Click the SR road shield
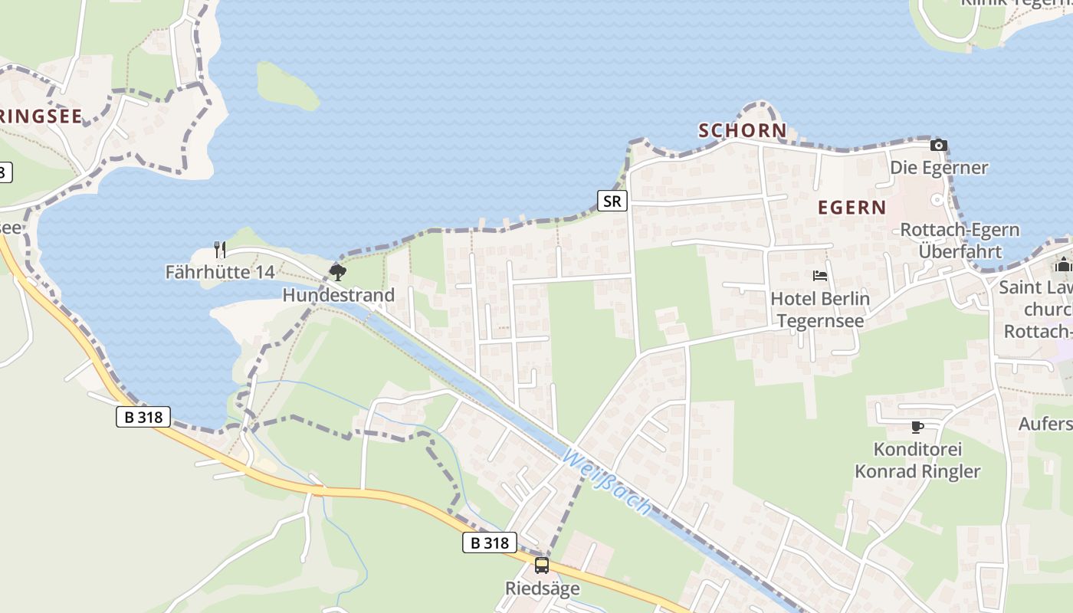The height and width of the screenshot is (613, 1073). pyautogui.click(x=612, y=202)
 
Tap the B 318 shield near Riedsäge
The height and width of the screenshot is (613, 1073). pyautogui.click(x=490, y=543)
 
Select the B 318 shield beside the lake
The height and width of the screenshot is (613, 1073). pyautogui.click(x=143, y=417)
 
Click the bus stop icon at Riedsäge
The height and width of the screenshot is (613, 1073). pyautogui.click(x=542, y=565)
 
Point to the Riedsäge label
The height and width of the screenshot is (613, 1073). pyautogui.click(x=542, y=588)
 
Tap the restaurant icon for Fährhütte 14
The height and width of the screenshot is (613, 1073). pyautogui.click(x=219, y=250)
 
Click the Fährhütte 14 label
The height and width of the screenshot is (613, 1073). pyautogui.click(x=220, y=272)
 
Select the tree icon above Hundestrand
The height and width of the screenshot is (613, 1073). pyautogui.click(x=337, y=272)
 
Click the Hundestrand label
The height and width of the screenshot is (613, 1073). pyautogui.click(x=339, y=295)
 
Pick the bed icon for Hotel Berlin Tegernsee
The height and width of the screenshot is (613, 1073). pyautogui.click(x=820, y=276)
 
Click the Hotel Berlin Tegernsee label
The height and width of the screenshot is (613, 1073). pyautogui.click(x=820, y=310)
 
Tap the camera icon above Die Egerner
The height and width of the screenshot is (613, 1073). pyautogui.click(x=939, y=145)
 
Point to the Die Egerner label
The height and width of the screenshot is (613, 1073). pyautogui.click(x=939, y=167)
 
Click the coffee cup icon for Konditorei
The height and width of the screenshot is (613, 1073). pyautogui.click(x=917, y=427)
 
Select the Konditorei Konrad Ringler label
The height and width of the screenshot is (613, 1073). pyautogui.click(x=917, y=461)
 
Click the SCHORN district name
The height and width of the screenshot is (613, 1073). pyautogui.click(x=742, y=130)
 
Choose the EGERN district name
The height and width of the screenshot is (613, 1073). pyautogui.click(x=852, y=207)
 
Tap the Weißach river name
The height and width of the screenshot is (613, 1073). pyautogui.click(x=608, y=483)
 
